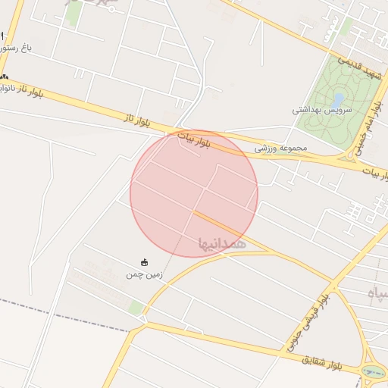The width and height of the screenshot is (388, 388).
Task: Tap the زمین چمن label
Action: click(x=145, y=275)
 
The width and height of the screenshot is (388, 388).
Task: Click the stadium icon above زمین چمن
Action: click(x=145, y=262)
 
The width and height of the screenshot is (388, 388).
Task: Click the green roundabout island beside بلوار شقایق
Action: click(x=373, y=373)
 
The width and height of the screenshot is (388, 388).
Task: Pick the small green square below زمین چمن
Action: click(x=136, y=308)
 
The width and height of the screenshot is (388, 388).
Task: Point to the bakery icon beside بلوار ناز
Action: click(x=5, y=77)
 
